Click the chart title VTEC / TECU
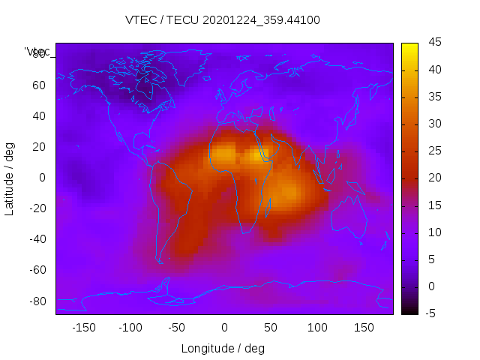click(x=222, y=20)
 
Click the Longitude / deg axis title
click(x=223, y=349)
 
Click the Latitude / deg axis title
click(x=10, y=178)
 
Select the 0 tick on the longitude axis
click(x=223, y=327)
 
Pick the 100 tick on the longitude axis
click(x=317, y=327)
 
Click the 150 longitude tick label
click(x=364, y=327)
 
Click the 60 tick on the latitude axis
click(x=39, y=85)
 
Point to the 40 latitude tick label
click(x=39, y=115)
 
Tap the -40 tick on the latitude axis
click(x=37, y=239)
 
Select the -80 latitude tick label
click(x=37, y=301)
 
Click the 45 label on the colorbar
click(x=433, y=43)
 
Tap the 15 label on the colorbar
click(x=433, y=205)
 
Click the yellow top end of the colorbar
click(x=409, y=46)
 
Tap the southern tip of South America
click(x=160, y=260)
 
